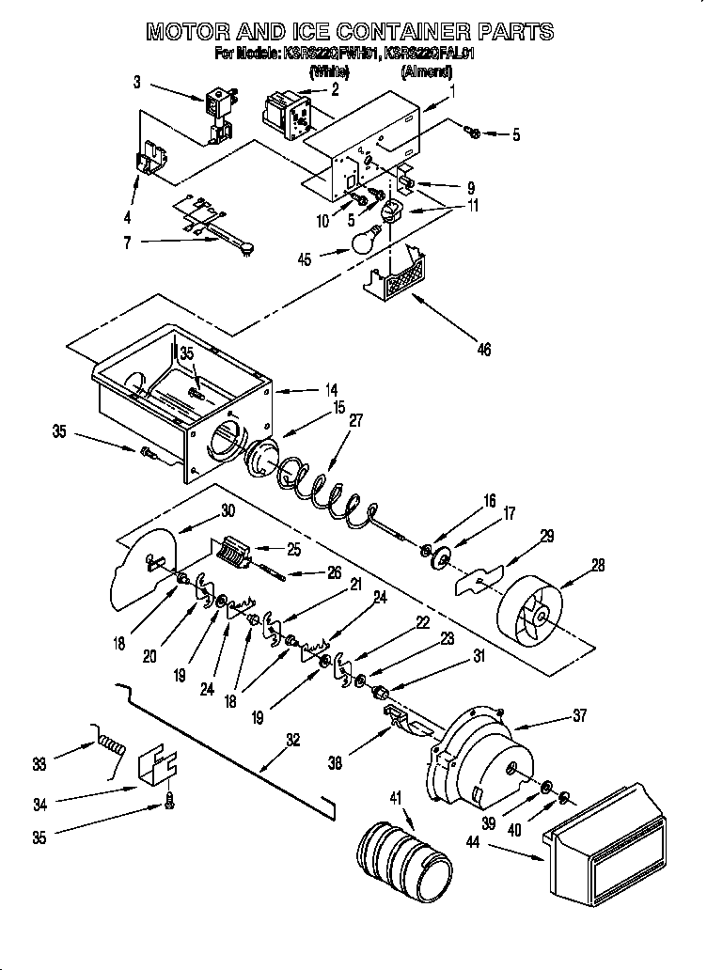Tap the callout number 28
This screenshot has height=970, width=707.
point(598,566)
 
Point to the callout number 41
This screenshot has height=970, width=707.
point(395,798)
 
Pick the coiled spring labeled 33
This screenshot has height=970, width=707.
point(110,747)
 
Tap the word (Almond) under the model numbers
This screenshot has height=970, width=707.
point(426,71)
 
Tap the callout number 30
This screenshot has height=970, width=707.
point(227,512)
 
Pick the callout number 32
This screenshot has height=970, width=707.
point(293,740)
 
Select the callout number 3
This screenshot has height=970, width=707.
point(137,83)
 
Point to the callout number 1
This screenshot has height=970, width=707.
point(453,91)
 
